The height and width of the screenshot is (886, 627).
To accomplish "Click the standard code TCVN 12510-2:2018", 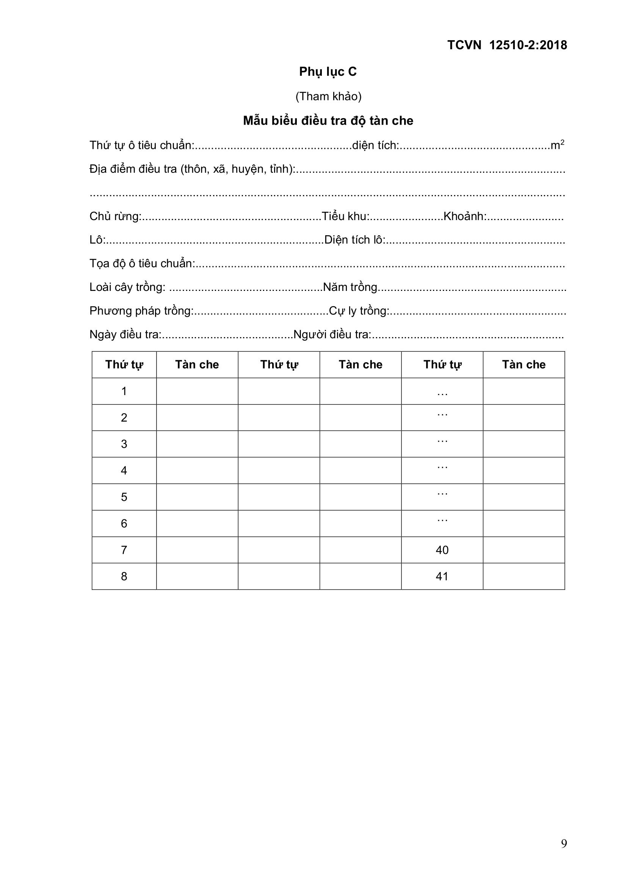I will click(x=507, y=45).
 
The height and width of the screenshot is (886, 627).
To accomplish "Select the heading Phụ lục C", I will click(x=328, y=72).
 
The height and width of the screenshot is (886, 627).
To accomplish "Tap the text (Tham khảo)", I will click(x=328, y=96).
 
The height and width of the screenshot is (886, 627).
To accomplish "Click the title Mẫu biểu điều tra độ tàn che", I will click(x=328, y=121).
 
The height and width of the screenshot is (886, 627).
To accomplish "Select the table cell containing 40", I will click(x=442, y=550).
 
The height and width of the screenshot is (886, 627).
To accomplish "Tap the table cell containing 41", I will click(x=442, y=577).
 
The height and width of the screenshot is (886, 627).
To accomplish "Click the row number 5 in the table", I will click(x=124, y=497).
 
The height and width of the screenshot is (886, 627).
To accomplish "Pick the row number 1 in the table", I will click(x=124, y=391).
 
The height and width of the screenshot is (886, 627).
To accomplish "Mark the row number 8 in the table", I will click(x=124, y=577).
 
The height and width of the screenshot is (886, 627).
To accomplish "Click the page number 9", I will click(x=564, y=844).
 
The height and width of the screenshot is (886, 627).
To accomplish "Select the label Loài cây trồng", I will click(x=127, y=287).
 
